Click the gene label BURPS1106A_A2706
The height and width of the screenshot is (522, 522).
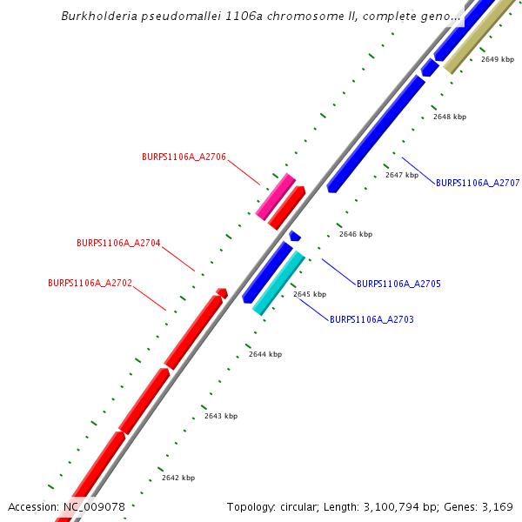tap(184, 157)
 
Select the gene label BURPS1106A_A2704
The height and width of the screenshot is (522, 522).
tap(118, 244)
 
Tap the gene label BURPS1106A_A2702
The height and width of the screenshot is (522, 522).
tap(90, 284)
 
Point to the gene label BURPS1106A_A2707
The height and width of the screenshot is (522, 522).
tap(478, 184)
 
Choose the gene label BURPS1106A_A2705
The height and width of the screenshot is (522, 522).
tap(398, 284)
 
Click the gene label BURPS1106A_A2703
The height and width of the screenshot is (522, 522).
tap(371, 320)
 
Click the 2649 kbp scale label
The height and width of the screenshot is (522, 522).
tap(498, 59)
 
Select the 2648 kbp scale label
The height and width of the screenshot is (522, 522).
tap(450, 117)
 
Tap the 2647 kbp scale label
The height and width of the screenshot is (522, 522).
tap(402, 175)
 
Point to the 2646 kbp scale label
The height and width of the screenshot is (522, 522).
tap(356, 234)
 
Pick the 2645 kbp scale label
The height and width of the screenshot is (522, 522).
tap(310, 295)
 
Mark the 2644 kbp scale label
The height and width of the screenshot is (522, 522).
tap(265, 355)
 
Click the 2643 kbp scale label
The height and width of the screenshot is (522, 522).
tap(221, 417)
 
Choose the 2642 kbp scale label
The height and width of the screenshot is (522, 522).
tap(178, 478)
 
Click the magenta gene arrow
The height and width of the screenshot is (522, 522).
tap(276, 197)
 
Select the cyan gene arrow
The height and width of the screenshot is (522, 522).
tap(278, 283)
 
